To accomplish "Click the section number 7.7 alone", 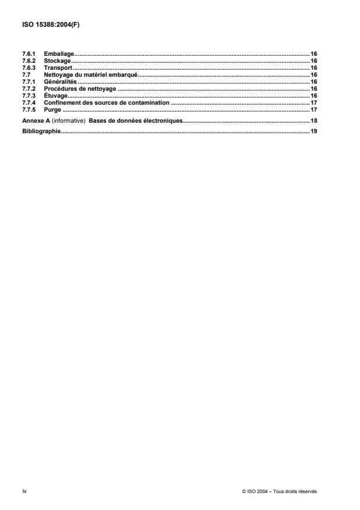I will click(26, 74).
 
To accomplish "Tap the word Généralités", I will click(60, 81).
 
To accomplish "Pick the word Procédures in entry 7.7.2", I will click(61, 88).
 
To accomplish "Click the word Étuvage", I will click(56, 95).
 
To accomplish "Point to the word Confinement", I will click(63, 102).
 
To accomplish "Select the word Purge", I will click(52, 109).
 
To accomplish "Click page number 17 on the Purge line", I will click(313, 109).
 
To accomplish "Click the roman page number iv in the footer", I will click(24, 491).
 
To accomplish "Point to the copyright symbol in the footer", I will click(244, 491).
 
